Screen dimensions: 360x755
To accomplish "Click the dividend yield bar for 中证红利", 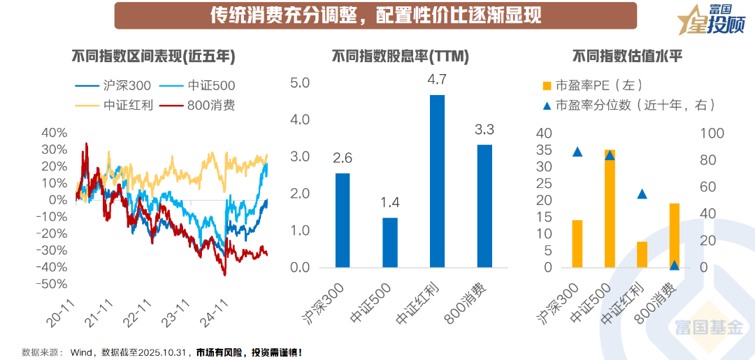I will [x=437, y=181].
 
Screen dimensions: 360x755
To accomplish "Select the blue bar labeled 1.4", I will [x=390, y=243].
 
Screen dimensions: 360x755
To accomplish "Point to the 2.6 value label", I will [x=343, y=159].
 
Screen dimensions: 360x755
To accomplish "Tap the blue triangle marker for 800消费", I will [x=675, y=265].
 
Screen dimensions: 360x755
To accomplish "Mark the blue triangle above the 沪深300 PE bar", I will [x=577, y=152].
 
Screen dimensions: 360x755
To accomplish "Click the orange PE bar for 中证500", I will [x=610, y=209].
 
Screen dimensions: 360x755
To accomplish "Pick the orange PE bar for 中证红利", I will [x=642, y=254].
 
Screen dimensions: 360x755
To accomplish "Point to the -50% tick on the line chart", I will [x=53, y=285].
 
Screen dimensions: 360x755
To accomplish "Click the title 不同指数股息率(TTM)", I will [x=400, y=57].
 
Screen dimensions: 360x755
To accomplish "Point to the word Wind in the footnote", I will [x=82, y=352].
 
